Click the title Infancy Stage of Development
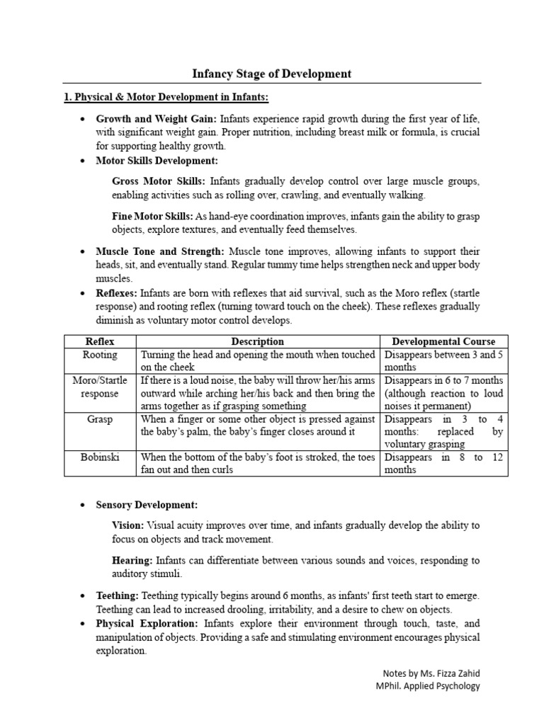272,74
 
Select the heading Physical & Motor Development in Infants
166,97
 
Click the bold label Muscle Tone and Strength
160,251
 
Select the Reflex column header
100,341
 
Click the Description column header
258,341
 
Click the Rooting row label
100,355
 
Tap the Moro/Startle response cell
100,387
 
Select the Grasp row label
100,419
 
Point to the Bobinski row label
100,457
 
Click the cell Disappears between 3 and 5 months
433,361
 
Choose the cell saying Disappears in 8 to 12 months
433,464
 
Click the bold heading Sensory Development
147,505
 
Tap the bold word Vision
127,525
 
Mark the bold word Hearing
132,560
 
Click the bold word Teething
118,596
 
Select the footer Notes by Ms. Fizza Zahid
430,673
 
